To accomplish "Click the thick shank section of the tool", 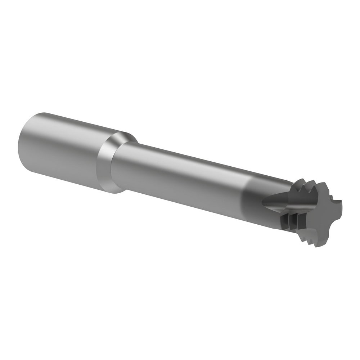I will click(x=65, y=151).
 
